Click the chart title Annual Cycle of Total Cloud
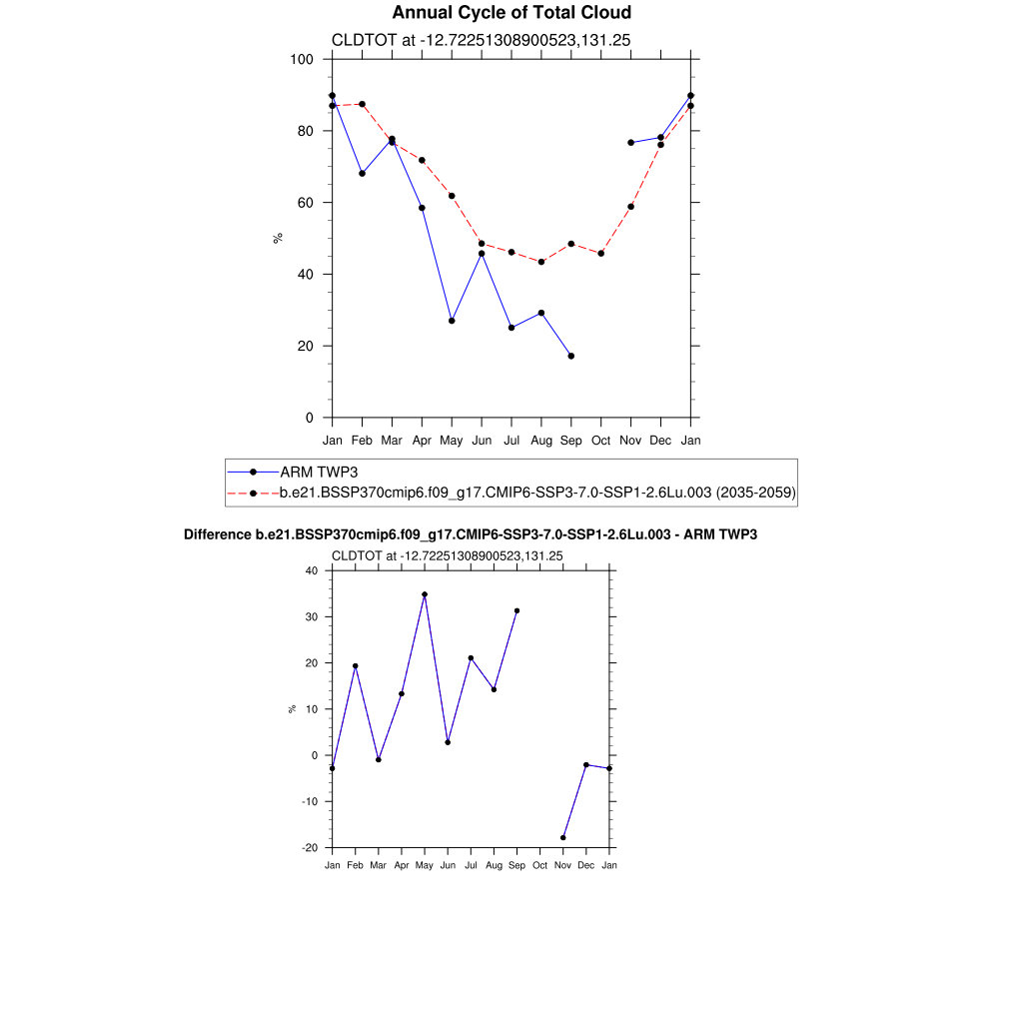click(511, 13)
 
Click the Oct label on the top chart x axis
click(600, 440)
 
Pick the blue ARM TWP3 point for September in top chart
click(570, 356)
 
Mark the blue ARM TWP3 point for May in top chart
click(452, 321)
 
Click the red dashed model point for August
click(541, 262)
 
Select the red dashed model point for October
click(600, 254)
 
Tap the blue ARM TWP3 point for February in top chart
click(362, 174)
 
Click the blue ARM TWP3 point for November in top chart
click(630, 143)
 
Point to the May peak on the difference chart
click(425, 594)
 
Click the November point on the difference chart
click(563, 837)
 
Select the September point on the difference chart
click(516, 610)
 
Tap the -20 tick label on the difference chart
click(309, 847)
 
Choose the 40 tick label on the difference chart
click(311, 571)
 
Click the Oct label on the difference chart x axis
click(539, 865)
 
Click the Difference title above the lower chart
click(471, 534)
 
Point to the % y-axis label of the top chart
click(278, 238)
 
